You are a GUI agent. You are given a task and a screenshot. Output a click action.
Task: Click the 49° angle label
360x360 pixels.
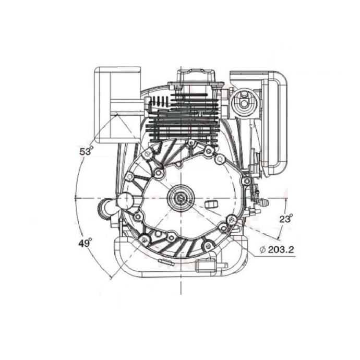tap(85, 243)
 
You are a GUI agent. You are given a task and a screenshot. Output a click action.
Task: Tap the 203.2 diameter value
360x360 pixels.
tap(281, 249)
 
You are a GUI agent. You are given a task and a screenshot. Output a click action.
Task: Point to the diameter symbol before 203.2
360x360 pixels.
tap(262, 249)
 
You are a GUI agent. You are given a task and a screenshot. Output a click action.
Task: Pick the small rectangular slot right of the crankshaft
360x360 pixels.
tap(211, 204)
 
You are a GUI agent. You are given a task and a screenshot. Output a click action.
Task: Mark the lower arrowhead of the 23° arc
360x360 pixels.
tap(279, 237)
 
